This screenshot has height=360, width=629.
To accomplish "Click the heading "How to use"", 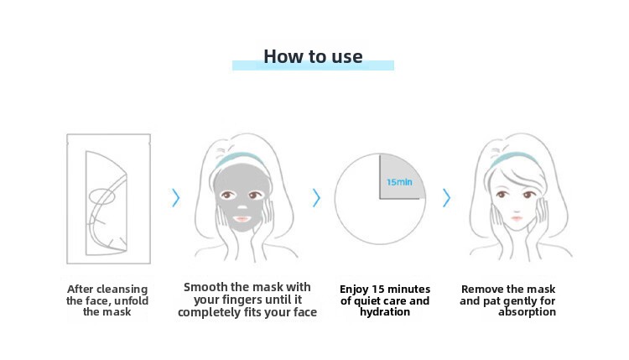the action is click(x=313, y=56).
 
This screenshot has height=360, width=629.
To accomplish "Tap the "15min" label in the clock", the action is click(x=399, y=182).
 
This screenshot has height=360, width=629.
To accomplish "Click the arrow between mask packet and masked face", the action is click(x=176, y=198).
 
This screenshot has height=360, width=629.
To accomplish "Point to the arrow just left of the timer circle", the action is click(x=316, y=198).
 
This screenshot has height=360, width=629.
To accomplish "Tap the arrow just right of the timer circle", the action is click(x=446, y=198).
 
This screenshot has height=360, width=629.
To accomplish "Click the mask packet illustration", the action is click(x=109, y=199).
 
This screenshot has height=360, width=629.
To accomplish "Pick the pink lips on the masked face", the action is click(x=242, y=219).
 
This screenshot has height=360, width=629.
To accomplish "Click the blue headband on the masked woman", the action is click(x=240, y=158).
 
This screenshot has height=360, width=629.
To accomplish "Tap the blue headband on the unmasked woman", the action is click(x=515, y=158).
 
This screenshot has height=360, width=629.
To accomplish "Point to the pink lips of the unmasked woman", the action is click(x=517, y=219).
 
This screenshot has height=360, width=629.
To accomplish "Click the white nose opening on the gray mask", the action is click(x=242, y=207).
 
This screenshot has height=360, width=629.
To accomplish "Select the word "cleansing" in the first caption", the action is click(x=122, y=290).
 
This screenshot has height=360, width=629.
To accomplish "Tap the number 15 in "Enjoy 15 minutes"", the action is click(x=378, y=289).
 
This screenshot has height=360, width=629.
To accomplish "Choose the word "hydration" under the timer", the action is click(x=385, y=312).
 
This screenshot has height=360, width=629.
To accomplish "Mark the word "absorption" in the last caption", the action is click(x=527, y=312).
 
